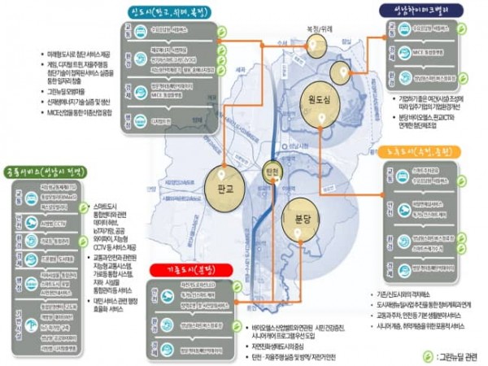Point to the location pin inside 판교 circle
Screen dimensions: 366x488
click(222, 172)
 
